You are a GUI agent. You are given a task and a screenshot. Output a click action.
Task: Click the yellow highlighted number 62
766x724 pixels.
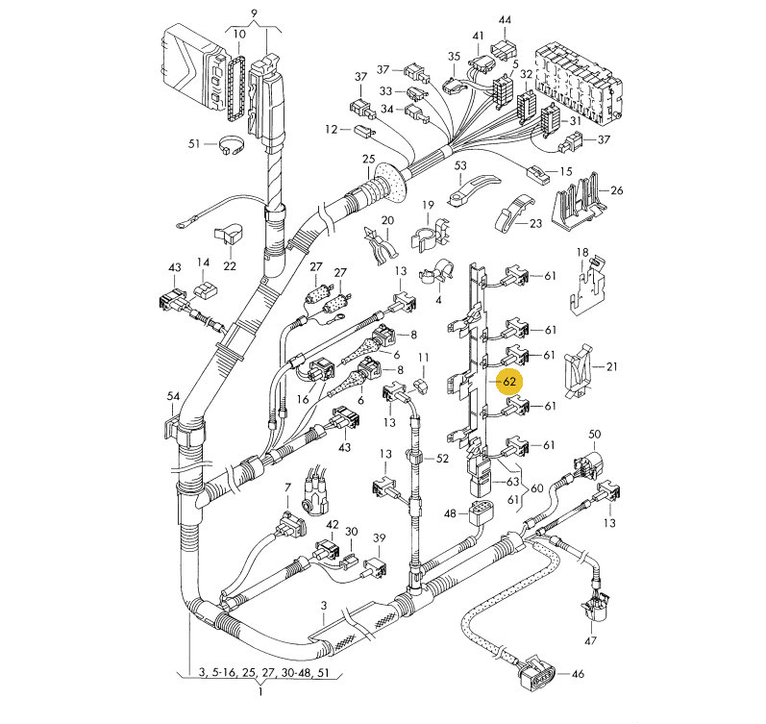[x=509, y=381]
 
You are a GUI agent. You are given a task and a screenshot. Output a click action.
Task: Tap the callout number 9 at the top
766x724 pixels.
[x=254, y=12]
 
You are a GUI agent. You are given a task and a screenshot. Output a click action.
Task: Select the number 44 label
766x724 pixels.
[x=505, y=20]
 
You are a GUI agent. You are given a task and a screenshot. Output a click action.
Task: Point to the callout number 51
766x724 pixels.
[x=194, y=143]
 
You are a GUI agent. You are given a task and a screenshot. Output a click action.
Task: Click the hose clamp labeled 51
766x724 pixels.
[x=232, y=146]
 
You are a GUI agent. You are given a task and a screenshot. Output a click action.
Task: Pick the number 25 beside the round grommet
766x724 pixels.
[x=368, y=159]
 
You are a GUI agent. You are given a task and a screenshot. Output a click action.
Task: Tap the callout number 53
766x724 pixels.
[x=460, y=165]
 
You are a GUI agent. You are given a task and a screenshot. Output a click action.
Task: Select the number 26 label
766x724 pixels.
[x=617, y=190]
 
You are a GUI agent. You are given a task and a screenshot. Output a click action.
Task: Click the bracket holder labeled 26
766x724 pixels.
[x=580, y=201]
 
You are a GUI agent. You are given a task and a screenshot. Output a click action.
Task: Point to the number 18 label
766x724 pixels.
[x=581, y=252]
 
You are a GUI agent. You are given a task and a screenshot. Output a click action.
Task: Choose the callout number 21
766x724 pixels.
[x=611, y=366]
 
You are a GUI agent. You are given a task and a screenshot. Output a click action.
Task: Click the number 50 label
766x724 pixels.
[x=595, y=434]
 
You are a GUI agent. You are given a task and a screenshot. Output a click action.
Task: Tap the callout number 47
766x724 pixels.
[x=591, y=640]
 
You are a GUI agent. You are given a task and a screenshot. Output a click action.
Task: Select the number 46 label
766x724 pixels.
[x=578, y=674]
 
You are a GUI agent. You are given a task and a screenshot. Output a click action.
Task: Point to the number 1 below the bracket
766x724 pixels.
[x=260, y=691]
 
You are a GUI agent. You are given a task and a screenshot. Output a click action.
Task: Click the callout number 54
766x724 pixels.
[x=173, y=396]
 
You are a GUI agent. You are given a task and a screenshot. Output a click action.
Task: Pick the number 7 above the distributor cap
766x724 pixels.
[x=287, y=487]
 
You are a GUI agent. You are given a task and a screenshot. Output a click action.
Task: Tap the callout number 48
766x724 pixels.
[x=450, y=513]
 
